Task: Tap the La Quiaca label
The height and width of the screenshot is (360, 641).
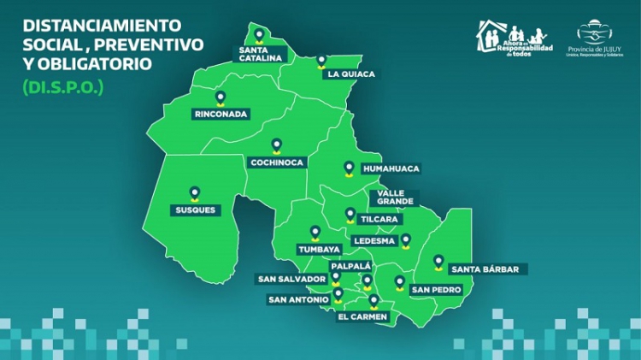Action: (350, 74)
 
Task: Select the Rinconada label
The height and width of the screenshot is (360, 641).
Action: (221, 114)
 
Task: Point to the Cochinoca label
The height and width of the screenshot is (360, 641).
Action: (276, 162)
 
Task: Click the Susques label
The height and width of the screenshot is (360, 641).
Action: (195, 210)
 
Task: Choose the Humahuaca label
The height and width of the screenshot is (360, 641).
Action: (391, 168)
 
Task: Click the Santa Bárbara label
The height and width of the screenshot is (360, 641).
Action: (485, 269)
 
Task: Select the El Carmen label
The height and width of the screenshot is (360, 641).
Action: (363, 317)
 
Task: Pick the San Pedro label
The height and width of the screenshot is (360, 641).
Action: (437, 290)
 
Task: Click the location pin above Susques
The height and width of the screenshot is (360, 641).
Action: (195, 193)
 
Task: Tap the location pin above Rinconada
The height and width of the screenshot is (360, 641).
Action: (221, 97)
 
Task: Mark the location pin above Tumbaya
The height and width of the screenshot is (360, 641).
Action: (315, 233)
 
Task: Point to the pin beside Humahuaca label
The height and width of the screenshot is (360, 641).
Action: (348, 168)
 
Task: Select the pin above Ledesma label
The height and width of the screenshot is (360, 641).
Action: (406, 240)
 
